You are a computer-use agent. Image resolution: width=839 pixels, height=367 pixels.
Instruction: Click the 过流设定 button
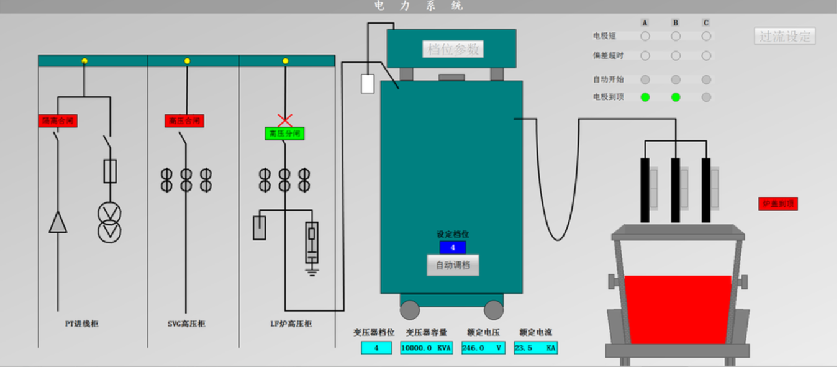click(785, 36)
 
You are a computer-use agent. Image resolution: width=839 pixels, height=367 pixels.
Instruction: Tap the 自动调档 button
click(453, 265)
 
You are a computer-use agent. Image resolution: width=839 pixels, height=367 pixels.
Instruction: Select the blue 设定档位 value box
click(453, 247)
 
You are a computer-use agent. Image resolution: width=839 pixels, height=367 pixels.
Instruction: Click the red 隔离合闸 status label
click(58, 120)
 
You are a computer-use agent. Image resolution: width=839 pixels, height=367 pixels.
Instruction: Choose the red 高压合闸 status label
click(184, 120)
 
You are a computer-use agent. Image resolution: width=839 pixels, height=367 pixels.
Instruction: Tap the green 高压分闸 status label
click(284, 134)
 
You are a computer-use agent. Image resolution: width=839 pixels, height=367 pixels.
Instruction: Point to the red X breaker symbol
click(284, 120)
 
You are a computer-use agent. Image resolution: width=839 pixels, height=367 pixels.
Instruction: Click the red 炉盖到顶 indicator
click(778, 204)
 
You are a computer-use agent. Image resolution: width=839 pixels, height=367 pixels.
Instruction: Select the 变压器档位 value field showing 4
click(376, 348)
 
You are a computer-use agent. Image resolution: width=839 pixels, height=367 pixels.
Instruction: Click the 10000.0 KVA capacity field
click(427, 348)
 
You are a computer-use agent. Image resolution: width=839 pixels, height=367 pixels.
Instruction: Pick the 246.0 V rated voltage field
click(483, 348)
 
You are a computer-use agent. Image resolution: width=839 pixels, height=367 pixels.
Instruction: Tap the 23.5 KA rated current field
click(535, 348)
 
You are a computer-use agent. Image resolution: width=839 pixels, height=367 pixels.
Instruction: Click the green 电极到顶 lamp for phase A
click(645, 97)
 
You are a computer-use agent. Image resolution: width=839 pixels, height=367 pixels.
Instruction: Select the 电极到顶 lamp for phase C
click(706, 97)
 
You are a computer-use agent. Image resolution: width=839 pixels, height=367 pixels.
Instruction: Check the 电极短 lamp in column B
click(676, 36)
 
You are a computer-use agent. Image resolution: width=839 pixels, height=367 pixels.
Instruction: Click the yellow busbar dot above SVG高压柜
click(187, 61)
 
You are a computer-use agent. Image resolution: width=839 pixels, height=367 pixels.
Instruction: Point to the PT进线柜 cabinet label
click(82, 324)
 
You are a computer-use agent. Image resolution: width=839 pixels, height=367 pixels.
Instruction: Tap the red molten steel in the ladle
click(678, 309)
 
